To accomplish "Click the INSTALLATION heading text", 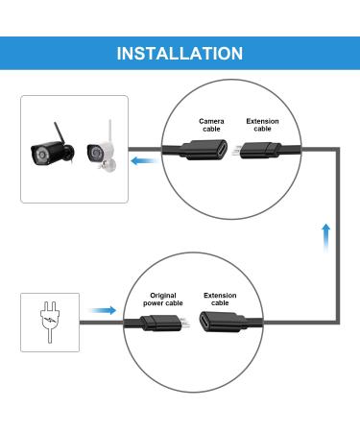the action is (x=180, y=53).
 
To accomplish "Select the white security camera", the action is (x=100, y=155).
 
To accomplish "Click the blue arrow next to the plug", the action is (x=103, y=311).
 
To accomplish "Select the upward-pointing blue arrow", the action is (x=327, y=233).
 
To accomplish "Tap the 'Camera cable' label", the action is (x=212, y=125).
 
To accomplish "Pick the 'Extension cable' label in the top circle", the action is (x=263, y=125).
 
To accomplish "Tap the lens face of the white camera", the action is (x=93, y=153).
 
